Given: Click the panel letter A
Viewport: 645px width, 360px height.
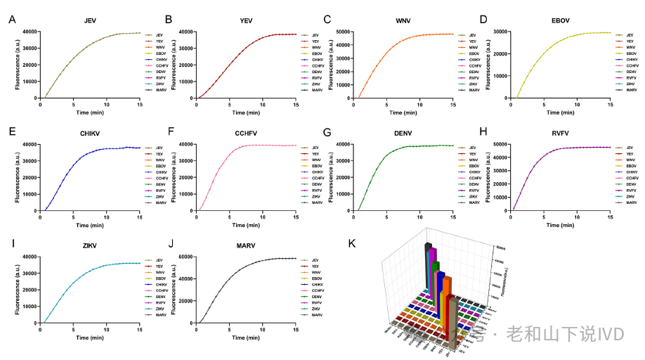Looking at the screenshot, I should [x=12, y=20].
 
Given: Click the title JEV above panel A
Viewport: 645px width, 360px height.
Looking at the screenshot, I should [x=89, y=22].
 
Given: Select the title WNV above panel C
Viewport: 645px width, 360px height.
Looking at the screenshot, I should [x=404, y=22].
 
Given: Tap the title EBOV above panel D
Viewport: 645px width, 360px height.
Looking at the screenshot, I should [x=561, y=22].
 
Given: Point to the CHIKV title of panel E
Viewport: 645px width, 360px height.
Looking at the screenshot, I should [x=89, y=134].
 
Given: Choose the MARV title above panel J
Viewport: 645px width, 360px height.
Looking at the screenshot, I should [x=246, y=247].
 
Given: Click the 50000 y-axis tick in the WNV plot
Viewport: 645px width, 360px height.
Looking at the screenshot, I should [x=344, y=32].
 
